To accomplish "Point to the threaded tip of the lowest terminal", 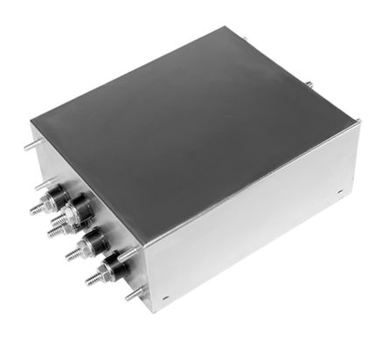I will [x=90, y=281].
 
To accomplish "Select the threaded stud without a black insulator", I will [x=54, y=232].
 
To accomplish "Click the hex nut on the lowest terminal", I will [x=104, y=273].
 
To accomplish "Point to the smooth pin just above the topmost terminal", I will [x=40, y=184].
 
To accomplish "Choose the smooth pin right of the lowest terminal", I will [x=128, y=254].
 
